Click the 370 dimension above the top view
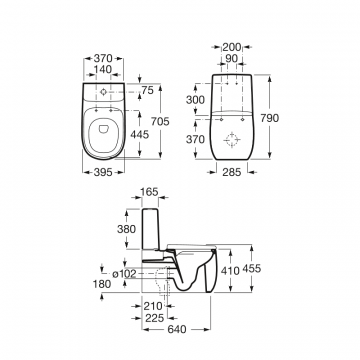click(x=103, y=58)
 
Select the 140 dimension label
click(x=103, y=69)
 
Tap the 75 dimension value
click(x=147, y=90)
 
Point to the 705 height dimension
click(x=160, y=121)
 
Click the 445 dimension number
click(x=140, y=135)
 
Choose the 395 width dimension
click(x=103, y=172)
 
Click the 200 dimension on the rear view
click(x=232, y=47)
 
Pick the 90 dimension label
click(x=232, y=58)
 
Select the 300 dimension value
click(x=195, y=99)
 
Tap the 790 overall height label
click(x=269, y=118)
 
